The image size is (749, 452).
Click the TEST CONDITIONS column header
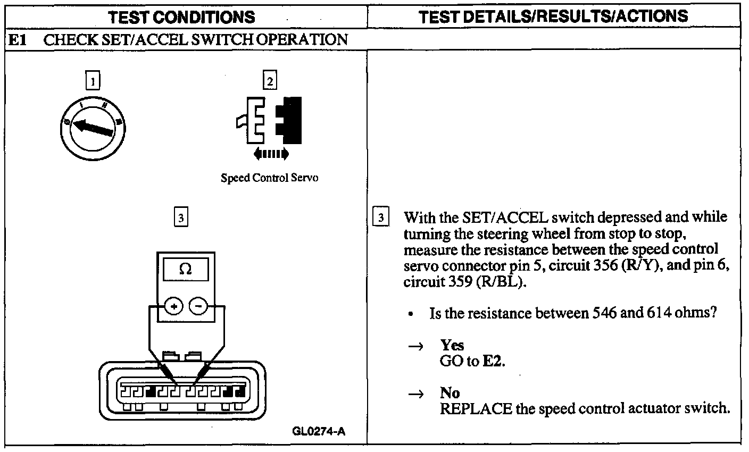tap(181, 17)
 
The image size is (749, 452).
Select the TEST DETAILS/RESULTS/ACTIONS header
tap(553, 16)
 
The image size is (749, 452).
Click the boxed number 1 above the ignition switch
tap(93, 81)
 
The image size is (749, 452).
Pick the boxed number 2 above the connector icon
tap(270, 81)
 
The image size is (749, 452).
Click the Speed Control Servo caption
tap(269, 178)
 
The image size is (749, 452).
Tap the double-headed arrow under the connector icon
tap(271, 154)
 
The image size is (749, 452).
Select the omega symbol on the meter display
tap(185, 270)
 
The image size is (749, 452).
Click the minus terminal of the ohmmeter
tap(198, 307)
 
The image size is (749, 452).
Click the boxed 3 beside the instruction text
tap(380, 217)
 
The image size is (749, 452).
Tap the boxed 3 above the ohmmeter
tap(181, 217)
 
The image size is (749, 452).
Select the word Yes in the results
tap(452, 345)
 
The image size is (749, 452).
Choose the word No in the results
tap(450, 393)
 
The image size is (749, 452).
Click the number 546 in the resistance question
tap(604, 313)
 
